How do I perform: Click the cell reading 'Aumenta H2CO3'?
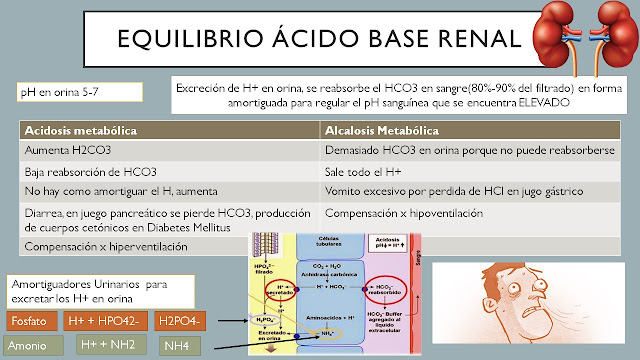[x=67, y=151]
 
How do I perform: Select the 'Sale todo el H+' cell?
[x=365, y=172]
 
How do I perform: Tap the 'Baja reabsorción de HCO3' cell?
[x=90, y=172]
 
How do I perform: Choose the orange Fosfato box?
[x=28, y=321]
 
